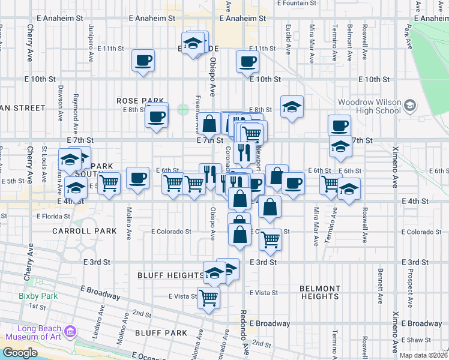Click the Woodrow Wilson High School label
tap(369, 106)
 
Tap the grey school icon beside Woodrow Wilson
tap(410, 106)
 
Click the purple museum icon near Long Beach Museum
tap(71, 331)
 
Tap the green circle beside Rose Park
tap(182, 110)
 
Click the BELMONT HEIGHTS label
tap(320, 292)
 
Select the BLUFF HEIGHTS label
tap(170, 275)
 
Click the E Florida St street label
tap(54, 216)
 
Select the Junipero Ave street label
tap(91, 42)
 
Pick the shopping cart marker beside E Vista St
tap(209, 297)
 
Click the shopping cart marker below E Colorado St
tap(271, 240)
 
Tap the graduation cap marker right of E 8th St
tap(292, 107)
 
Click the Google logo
tap(20, 353)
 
